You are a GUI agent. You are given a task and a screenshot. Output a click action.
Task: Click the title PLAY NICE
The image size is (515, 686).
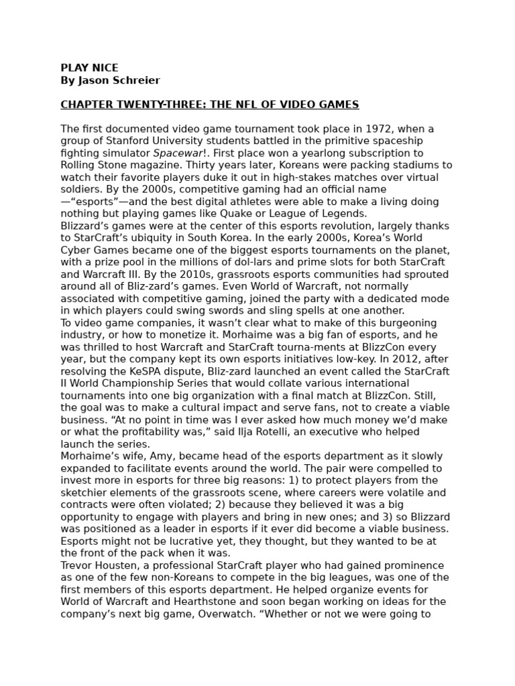89,68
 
